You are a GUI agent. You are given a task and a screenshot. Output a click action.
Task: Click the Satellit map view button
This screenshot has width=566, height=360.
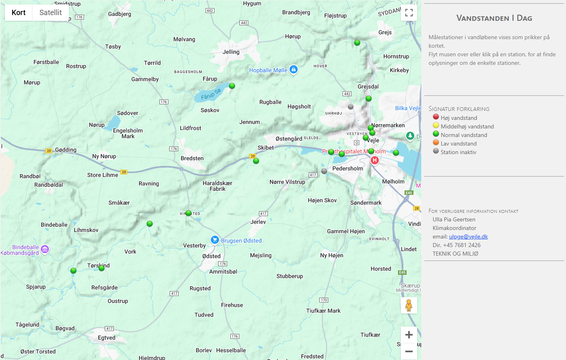pos(51,13)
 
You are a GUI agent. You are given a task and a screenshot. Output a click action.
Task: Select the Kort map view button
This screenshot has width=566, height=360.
pos(19,13)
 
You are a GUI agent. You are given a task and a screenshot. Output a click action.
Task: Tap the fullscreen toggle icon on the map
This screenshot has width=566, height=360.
pos(409,13)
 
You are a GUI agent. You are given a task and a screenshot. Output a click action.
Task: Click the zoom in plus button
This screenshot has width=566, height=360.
pos(409,335)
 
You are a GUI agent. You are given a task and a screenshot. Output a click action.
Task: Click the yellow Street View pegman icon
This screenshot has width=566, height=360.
pos(409,305)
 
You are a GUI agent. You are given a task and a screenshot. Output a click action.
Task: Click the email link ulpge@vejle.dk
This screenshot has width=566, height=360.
pos(468,236)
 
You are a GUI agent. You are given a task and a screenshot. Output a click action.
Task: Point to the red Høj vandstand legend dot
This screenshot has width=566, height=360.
pos(436,117)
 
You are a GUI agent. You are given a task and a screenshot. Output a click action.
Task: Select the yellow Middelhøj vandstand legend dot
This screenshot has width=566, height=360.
pos(436,125)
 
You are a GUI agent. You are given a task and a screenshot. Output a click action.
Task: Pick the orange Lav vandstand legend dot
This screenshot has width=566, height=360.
pos(436,142)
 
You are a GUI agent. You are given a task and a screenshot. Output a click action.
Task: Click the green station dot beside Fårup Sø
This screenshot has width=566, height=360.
pos(232,86)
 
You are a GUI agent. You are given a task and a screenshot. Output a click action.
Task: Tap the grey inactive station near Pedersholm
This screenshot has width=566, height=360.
pos(324,171)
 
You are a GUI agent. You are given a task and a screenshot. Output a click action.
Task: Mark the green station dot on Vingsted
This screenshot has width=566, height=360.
pos(188,213)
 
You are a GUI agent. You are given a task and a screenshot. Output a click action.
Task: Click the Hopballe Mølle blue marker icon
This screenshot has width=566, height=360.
pos(294,70)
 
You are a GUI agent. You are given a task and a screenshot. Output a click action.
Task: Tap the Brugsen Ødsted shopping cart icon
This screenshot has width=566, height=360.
pos(215,240)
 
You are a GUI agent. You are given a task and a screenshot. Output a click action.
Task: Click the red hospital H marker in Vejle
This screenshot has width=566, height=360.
pos(375,160)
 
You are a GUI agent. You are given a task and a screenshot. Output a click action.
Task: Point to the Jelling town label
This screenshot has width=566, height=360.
pos(231,52)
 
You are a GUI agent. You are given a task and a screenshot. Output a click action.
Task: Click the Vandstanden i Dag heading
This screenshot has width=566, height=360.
pos(494,18)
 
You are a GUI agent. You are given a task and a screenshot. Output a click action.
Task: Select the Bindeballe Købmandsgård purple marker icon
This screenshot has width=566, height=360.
pos(45,249)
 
